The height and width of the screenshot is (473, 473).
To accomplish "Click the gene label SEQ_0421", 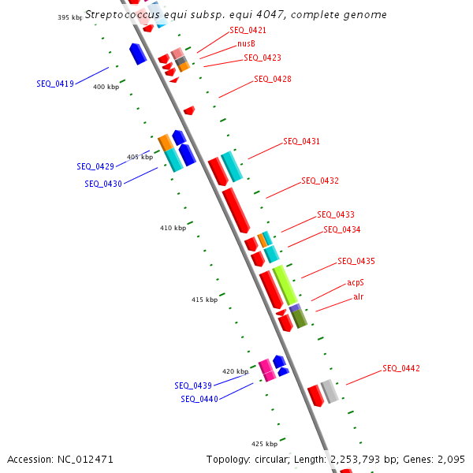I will pos(248,30).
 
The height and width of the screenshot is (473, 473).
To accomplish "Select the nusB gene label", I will pos(246,43).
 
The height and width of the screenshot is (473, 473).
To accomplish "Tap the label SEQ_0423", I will pos(262,58).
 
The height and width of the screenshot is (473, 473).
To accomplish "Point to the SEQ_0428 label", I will pos(272,79).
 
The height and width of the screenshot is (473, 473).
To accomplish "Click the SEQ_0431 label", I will pos(301,142).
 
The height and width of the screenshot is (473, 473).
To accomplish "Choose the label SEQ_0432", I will pos(320,181).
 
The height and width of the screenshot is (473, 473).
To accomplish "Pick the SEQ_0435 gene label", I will pos(356,261).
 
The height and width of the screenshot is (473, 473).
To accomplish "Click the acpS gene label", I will pos(356,282).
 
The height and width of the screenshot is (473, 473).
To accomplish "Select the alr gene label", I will pos(359,296).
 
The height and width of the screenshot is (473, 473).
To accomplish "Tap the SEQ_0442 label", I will pos(401,368).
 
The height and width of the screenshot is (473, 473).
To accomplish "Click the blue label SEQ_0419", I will pos(55,83).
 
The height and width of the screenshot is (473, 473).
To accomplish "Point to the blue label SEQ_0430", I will pos(103,184).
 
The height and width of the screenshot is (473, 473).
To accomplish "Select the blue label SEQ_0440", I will pos(199,399).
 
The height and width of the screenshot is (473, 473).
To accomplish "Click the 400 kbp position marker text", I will pos(106,87).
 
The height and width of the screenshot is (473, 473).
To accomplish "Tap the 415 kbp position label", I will pos(204,300).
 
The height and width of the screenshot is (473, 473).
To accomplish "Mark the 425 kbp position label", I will pos(264,444).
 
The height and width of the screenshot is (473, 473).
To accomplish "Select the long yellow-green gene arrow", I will pos(285,285).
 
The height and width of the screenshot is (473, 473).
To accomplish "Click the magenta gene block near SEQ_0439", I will pos(267,369).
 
